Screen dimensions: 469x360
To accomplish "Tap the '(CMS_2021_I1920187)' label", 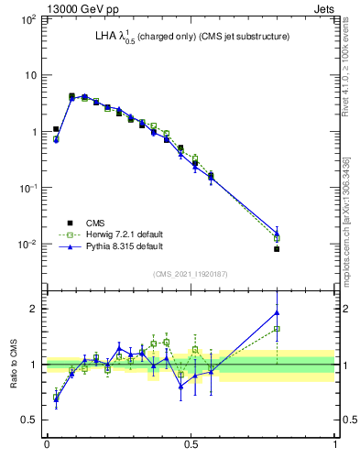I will (x=190, y=274).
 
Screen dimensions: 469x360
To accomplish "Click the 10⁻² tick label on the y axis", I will (x=28, y=245).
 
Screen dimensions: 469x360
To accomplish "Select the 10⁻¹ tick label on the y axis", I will (x=28, y=188).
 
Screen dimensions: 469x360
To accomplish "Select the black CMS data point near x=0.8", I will (x=277, y=248).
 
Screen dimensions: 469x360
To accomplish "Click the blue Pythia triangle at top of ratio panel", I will (x=277, y=312).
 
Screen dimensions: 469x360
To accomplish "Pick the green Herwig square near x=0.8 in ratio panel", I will (x=277, y=329).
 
